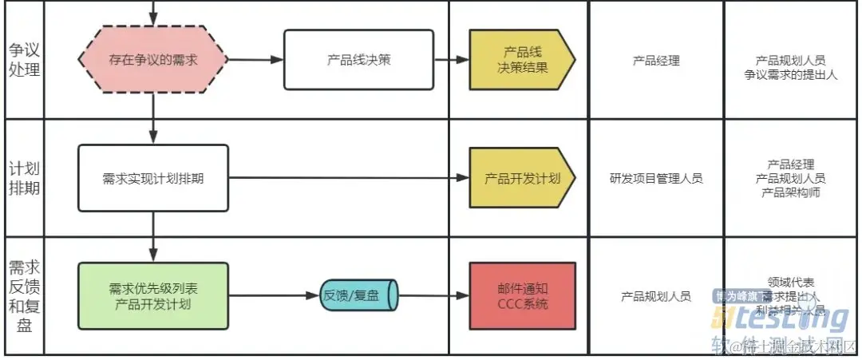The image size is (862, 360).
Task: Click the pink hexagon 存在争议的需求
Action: point(152,59)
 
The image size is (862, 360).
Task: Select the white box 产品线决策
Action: point(358,59)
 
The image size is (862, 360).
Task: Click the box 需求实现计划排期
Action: point(153,178)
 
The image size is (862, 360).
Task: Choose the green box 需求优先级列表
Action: point(152,295)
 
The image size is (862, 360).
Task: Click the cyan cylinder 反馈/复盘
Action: point(360,295)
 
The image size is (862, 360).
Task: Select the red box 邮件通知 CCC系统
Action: point(522,295)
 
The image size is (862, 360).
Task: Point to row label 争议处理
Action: point(24,59)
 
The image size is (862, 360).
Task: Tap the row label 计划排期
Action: point(24,178)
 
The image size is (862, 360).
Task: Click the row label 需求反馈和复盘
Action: point(24,295)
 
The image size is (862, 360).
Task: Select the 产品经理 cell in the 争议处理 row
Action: point(656,60)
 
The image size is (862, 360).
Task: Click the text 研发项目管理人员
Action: point(656,179)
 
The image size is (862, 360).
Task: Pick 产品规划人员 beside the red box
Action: point(656,296)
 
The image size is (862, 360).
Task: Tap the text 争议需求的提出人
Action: point(790,73)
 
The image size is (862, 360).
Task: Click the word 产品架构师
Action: point(790,192)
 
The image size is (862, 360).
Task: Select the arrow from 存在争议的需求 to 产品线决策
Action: point(255,60)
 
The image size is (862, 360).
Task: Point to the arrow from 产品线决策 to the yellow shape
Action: point(452,60)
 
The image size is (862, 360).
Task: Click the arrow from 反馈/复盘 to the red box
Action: point(434,295)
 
